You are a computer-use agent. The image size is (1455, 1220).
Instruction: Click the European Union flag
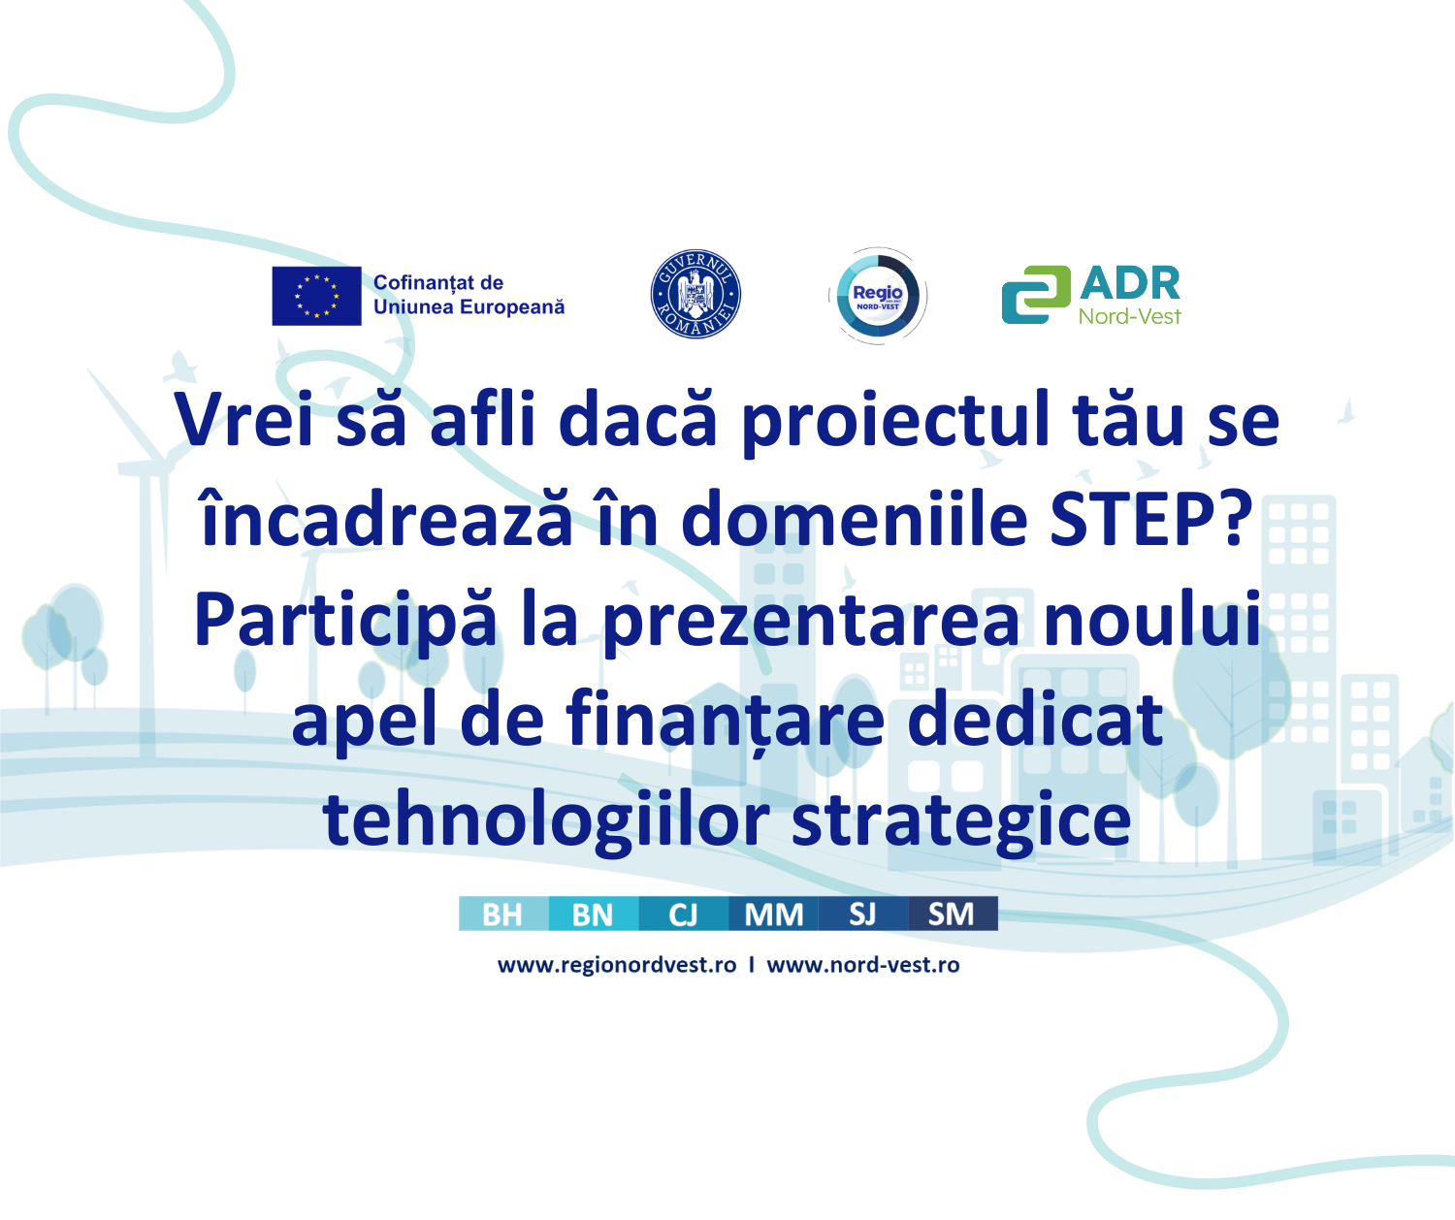point(316,296)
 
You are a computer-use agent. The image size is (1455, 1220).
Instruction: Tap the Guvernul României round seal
point(695,294)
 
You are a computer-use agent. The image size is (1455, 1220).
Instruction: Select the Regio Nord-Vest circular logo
point(878,296)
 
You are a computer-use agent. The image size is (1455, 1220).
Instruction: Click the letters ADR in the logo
point(1130,283)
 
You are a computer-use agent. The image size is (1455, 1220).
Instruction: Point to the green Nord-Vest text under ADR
point(1130,317)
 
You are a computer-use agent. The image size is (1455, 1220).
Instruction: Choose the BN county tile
point(594,914)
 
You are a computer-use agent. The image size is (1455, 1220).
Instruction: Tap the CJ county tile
point(684,914)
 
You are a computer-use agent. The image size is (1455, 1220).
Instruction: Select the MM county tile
point(773,914)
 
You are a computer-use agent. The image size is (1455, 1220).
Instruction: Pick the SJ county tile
point(863,914)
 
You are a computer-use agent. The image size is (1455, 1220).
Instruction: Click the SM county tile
point(954,914)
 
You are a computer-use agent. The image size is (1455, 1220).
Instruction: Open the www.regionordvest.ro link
point(617,966)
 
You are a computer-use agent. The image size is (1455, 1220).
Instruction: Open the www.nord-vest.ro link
point(863,966)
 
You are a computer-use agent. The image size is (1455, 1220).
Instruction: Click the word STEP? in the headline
point(1151,520)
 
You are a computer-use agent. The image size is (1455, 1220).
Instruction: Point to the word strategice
point(961,822)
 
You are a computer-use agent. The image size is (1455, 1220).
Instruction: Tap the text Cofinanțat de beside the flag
point(438,283)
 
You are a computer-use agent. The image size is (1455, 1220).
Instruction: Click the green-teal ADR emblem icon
point(1036,295)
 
